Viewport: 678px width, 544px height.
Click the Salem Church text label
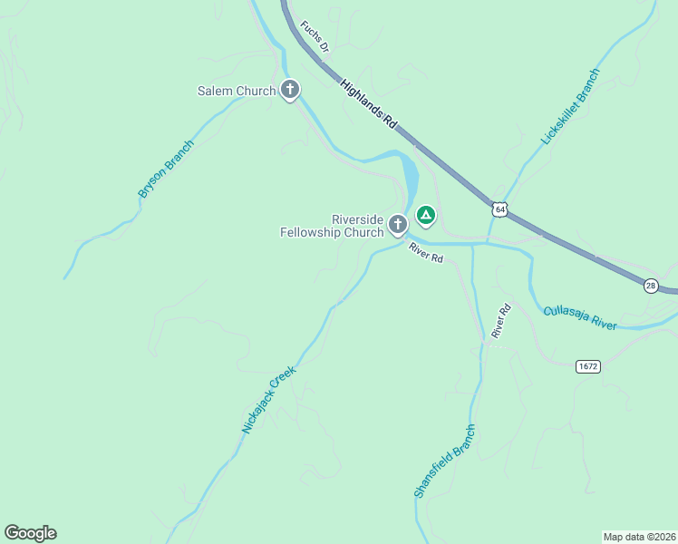click(x=237, y=91)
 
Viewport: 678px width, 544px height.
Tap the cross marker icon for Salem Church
click(x=290, y=90)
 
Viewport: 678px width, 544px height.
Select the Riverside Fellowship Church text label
click(x=332, y=226)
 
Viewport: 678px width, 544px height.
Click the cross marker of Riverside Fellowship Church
click(x=397, y=223)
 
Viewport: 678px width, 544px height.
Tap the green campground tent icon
click(x=425, y=215)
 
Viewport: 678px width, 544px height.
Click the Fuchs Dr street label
click(x=315, y=37)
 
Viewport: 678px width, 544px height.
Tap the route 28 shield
click(x=651, y=286)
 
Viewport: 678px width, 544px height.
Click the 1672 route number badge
click(x=587, y=366)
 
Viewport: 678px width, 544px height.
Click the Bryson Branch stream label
click(x=166, y=169)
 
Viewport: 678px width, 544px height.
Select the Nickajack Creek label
click(x=269, y=399)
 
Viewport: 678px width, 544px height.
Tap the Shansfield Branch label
click(x=444, y=461)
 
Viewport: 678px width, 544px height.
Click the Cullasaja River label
click(x=580, y=317)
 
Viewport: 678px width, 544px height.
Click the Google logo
click(x=30, y=533)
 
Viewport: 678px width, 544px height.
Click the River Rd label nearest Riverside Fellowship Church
click(x=425, y=253)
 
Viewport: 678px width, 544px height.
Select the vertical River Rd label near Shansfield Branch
click(x=501, y=321)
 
